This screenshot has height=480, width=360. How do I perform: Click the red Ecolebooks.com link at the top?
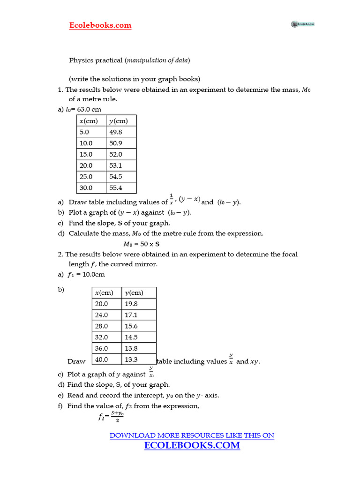(100, 25)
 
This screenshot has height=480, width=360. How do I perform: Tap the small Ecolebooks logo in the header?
(302, 24)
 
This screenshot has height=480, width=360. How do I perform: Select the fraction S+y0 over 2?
(117, 416)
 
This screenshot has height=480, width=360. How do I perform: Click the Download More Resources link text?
(192, 435)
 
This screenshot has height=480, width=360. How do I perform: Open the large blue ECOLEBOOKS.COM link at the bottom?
(192, 445)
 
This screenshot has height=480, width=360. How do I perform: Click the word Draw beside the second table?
(76, 361)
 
